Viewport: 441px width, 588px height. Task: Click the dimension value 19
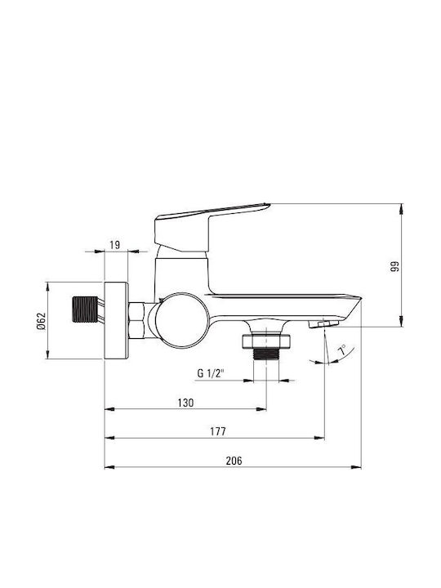coord(115,245)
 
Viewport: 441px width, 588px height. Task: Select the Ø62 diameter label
coord(41,321)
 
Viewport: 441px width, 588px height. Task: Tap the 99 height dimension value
coord(394,266)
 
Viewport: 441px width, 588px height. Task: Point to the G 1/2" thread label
coord(211,373)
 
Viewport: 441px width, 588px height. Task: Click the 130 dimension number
coord(185,403)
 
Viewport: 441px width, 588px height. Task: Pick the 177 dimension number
coord(218,432)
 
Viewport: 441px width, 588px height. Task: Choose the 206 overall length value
coord(234,461)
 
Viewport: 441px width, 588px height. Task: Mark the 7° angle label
coord(342,350)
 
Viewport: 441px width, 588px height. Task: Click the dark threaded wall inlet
coord(85,310)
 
